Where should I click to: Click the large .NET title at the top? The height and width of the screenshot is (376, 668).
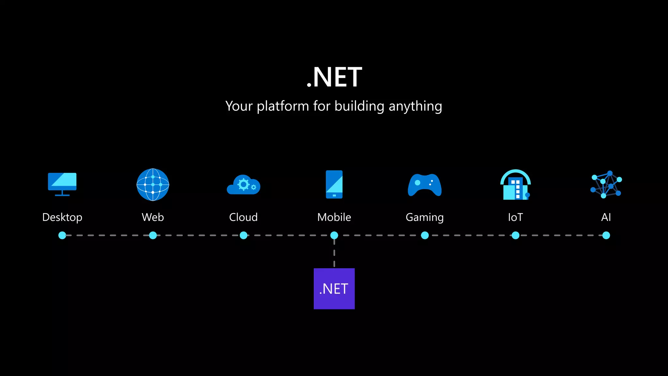coord(334,77)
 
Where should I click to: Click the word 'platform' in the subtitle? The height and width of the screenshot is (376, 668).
coord(283,106)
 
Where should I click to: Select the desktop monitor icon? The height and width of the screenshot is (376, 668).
coord(62,184)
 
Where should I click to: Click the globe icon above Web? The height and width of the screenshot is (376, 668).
coord(153,185)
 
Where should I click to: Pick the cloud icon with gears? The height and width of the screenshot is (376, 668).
coord(243,185)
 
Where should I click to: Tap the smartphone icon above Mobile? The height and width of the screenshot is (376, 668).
coord(334,184)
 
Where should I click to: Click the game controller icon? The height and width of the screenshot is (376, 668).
coord(425,185)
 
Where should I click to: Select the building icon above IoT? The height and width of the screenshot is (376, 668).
coord(515,185)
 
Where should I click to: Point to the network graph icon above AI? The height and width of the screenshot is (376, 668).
coord(606,185)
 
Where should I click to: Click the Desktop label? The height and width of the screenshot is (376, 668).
coord(62,217)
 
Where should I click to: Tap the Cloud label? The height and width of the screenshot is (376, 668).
coord(243,217)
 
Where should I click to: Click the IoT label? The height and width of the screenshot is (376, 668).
coord(515,217)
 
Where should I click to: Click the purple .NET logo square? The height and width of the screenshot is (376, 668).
coord(334,289)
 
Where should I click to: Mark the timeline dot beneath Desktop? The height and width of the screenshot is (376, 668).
coord(62,235)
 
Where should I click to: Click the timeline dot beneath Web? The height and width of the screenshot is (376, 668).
coord(153,235)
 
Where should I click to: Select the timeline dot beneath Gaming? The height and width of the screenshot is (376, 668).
coord(425,235)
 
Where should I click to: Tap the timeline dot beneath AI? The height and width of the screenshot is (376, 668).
coord(606,235)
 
